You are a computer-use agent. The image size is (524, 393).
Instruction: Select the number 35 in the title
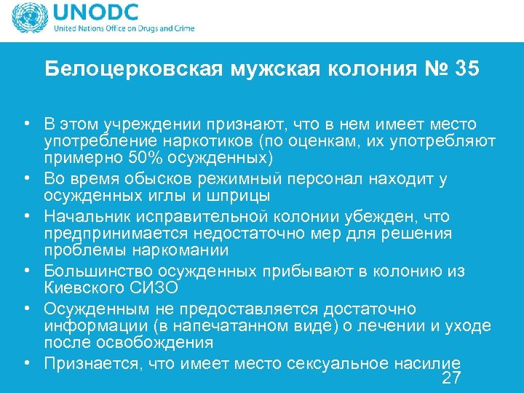[465, 69]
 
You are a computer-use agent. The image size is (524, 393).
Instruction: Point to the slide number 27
[451, 378]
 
